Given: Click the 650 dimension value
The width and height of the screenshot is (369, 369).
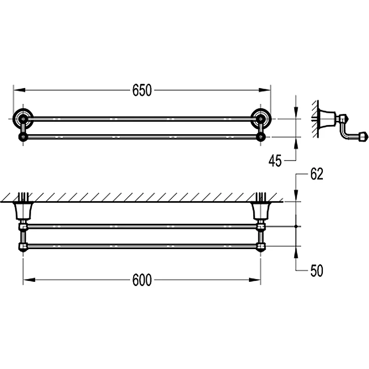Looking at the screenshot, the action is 142,90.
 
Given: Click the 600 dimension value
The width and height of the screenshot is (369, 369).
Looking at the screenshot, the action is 142,280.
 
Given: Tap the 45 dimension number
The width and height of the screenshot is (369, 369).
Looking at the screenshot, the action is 275,161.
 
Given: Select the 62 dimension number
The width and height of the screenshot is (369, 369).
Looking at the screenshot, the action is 317,174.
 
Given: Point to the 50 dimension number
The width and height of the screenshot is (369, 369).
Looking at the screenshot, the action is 317,270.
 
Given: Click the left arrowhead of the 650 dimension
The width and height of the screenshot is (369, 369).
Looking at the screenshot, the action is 19,90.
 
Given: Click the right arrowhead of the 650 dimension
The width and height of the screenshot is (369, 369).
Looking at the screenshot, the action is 265,90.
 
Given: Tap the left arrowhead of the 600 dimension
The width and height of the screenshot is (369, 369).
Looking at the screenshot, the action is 29,280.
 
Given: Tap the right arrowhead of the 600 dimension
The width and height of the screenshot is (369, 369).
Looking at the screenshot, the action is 255,280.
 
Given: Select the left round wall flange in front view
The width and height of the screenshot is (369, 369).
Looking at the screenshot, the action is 23,119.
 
